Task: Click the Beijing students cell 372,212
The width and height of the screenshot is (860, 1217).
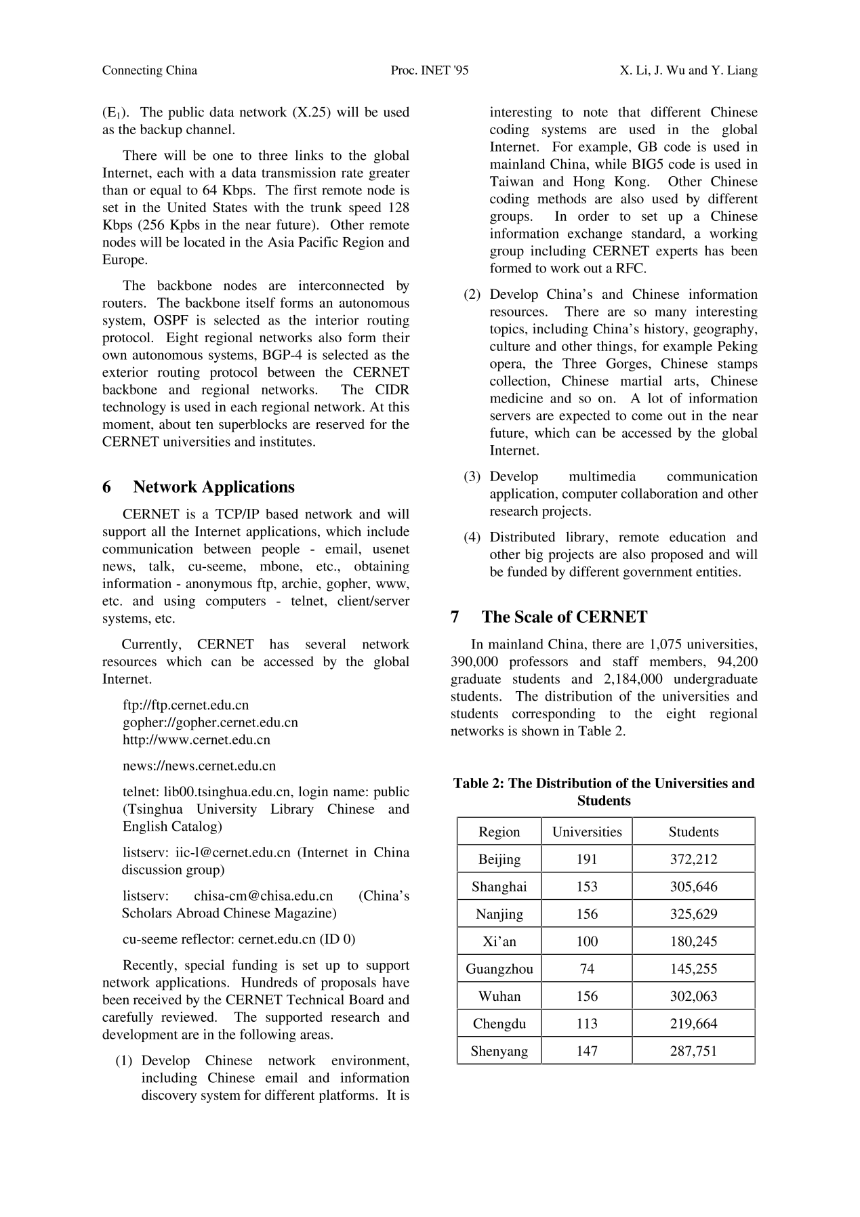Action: click(x=693, y=859)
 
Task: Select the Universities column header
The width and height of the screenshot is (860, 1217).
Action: click(x=587, y=832)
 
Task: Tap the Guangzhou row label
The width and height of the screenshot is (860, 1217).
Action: click(x=499, y=969)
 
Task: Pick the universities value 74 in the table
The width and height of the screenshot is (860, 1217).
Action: click(x=587, y=969)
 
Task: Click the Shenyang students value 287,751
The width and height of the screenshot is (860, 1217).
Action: click(x=693, y=1051)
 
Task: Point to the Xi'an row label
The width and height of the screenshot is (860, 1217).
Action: click(x=499, y=941)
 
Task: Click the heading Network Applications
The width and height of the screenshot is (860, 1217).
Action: click(x=213, y=487)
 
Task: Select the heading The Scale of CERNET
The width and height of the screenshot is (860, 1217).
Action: click(x=565, y=617)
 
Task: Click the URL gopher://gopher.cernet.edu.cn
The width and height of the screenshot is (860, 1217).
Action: click(x=210, y=722)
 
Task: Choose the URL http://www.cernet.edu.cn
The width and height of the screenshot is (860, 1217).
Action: click(x=197, y=740)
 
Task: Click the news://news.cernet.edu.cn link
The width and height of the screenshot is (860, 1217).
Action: click(x=199, y=766)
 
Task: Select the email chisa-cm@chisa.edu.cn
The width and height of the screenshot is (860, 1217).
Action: click(x=264, y=896)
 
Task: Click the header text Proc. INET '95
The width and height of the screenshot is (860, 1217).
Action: click(x=430, y=70)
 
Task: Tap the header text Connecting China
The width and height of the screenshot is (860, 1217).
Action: click(x=150, y=70)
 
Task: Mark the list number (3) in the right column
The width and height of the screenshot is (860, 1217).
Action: click(x=472, y=477)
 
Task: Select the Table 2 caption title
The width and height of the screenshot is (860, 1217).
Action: click(x=604, y=792)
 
